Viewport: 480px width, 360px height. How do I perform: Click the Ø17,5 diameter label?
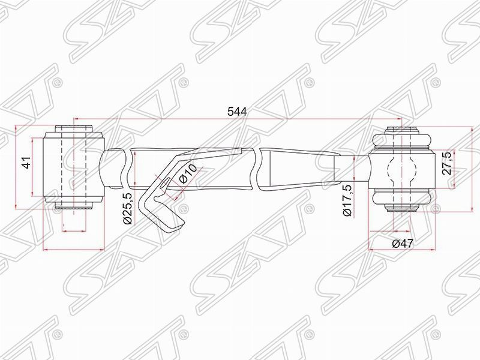[346, 202]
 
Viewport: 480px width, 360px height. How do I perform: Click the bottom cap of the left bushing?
[75, 206]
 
